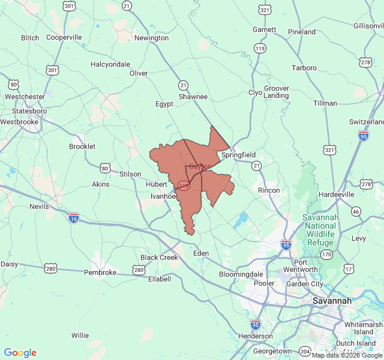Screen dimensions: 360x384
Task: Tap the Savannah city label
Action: (x=331, y=300)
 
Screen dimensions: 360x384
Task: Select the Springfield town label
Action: (x=238, y=155)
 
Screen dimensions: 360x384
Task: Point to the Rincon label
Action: (x=268, y=190)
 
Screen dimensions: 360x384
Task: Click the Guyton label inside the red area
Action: (x=200, y=166)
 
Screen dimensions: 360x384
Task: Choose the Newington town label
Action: (x=151, y=38)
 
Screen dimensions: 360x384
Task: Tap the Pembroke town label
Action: (x=100, y=272)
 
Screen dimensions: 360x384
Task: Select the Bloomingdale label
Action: (x=241, y=274)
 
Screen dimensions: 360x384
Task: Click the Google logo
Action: (x=20, y=353)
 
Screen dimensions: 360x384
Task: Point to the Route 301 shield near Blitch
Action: (x=53, y=70)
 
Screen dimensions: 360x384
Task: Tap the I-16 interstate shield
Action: (x=73, y=217)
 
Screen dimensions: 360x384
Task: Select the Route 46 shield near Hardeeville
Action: (x=356, y=211)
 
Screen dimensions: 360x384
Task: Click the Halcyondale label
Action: (x=110, y=64)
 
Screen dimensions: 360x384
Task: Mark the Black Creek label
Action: (x=159, y=257)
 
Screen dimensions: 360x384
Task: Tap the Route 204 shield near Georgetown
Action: (x=305, y=351)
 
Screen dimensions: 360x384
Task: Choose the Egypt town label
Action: (x=164, y=104)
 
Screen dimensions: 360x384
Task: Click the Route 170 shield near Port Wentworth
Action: (x=327, y=254)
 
